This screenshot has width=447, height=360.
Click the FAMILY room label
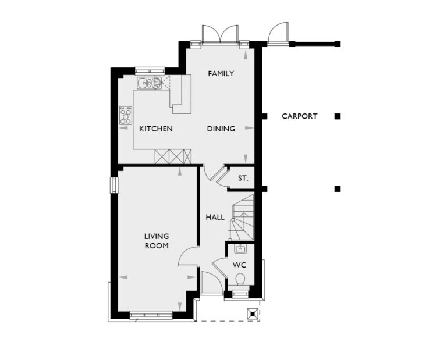221,74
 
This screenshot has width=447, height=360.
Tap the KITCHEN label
155,129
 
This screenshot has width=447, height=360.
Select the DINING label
221,129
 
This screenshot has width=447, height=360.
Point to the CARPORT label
300,116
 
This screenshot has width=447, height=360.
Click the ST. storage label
243,179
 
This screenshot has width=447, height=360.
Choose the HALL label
215,218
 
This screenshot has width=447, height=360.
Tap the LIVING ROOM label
157,241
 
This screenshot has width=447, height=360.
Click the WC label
239,265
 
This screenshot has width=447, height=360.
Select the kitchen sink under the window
149,83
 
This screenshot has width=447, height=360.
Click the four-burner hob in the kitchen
125,115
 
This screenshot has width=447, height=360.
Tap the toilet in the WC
239,281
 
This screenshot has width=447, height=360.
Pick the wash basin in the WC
240,249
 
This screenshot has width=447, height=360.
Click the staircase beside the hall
242,218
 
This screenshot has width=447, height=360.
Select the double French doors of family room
220,34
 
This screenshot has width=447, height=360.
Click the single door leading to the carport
278,33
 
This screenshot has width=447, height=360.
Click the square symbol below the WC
253,313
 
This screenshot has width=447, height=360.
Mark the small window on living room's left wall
115,185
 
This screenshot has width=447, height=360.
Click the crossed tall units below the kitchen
173,156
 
